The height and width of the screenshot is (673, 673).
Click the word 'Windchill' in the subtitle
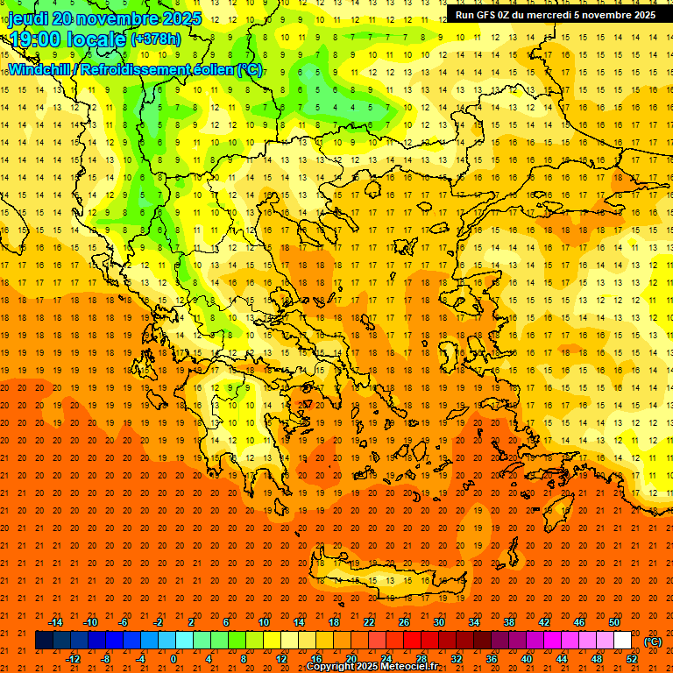40,69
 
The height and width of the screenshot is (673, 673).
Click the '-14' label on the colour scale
55,622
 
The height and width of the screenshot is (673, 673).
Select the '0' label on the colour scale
174,659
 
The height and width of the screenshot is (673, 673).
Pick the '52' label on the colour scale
633,659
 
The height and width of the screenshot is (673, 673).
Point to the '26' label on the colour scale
404,622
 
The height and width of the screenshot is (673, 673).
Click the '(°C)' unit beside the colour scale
653,641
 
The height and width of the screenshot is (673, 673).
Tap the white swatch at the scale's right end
623,641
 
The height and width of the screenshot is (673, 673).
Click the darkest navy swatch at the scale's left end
44,641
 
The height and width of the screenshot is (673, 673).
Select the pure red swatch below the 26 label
412,641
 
